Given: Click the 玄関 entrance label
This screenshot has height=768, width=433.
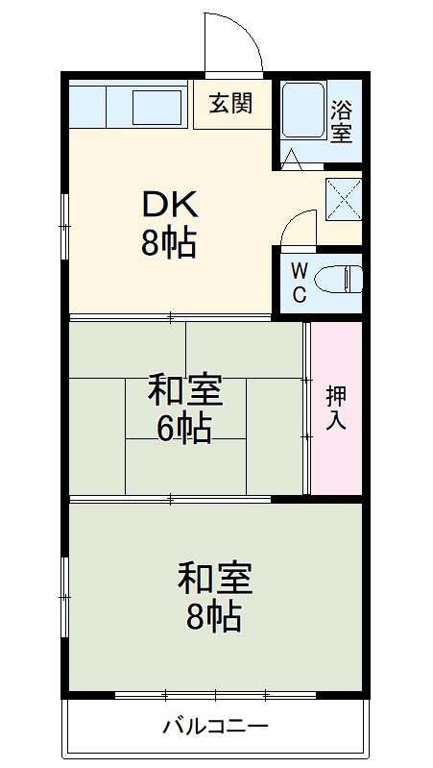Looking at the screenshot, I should tap(231, 103).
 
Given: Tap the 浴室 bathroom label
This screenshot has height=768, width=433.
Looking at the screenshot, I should tap(341, 121).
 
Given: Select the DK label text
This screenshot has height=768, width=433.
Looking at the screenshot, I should tap(170, 206).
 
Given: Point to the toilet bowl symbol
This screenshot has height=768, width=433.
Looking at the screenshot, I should tap(335, 280).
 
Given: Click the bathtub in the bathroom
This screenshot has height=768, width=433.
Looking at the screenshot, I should tap(303, 114).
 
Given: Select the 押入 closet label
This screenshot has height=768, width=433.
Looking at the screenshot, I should tap(336, 408).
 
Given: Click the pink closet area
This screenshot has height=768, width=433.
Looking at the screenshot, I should tap(336, 452).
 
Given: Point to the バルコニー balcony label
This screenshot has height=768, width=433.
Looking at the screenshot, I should tap(215, 726).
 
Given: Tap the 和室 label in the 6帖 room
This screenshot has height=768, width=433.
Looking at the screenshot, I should tap(184, 392).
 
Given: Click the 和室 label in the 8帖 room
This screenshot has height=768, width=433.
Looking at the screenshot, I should tap(214, 579).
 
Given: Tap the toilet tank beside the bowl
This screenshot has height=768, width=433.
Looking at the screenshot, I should tap(356, 280).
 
